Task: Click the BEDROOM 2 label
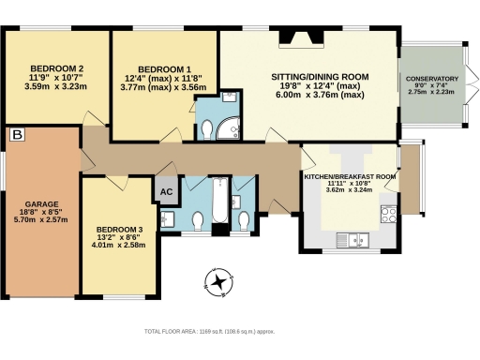pos(56,68)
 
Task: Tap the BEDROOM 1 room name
pos(164,69)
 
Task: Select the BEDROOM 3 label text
pos(120,230)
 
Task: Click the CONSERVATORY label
pos(432,80)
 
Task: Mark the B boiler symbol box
pos(17,136)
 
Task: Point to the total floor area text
pos(221,332)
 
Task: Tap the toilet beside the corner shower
pos(207,129)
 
